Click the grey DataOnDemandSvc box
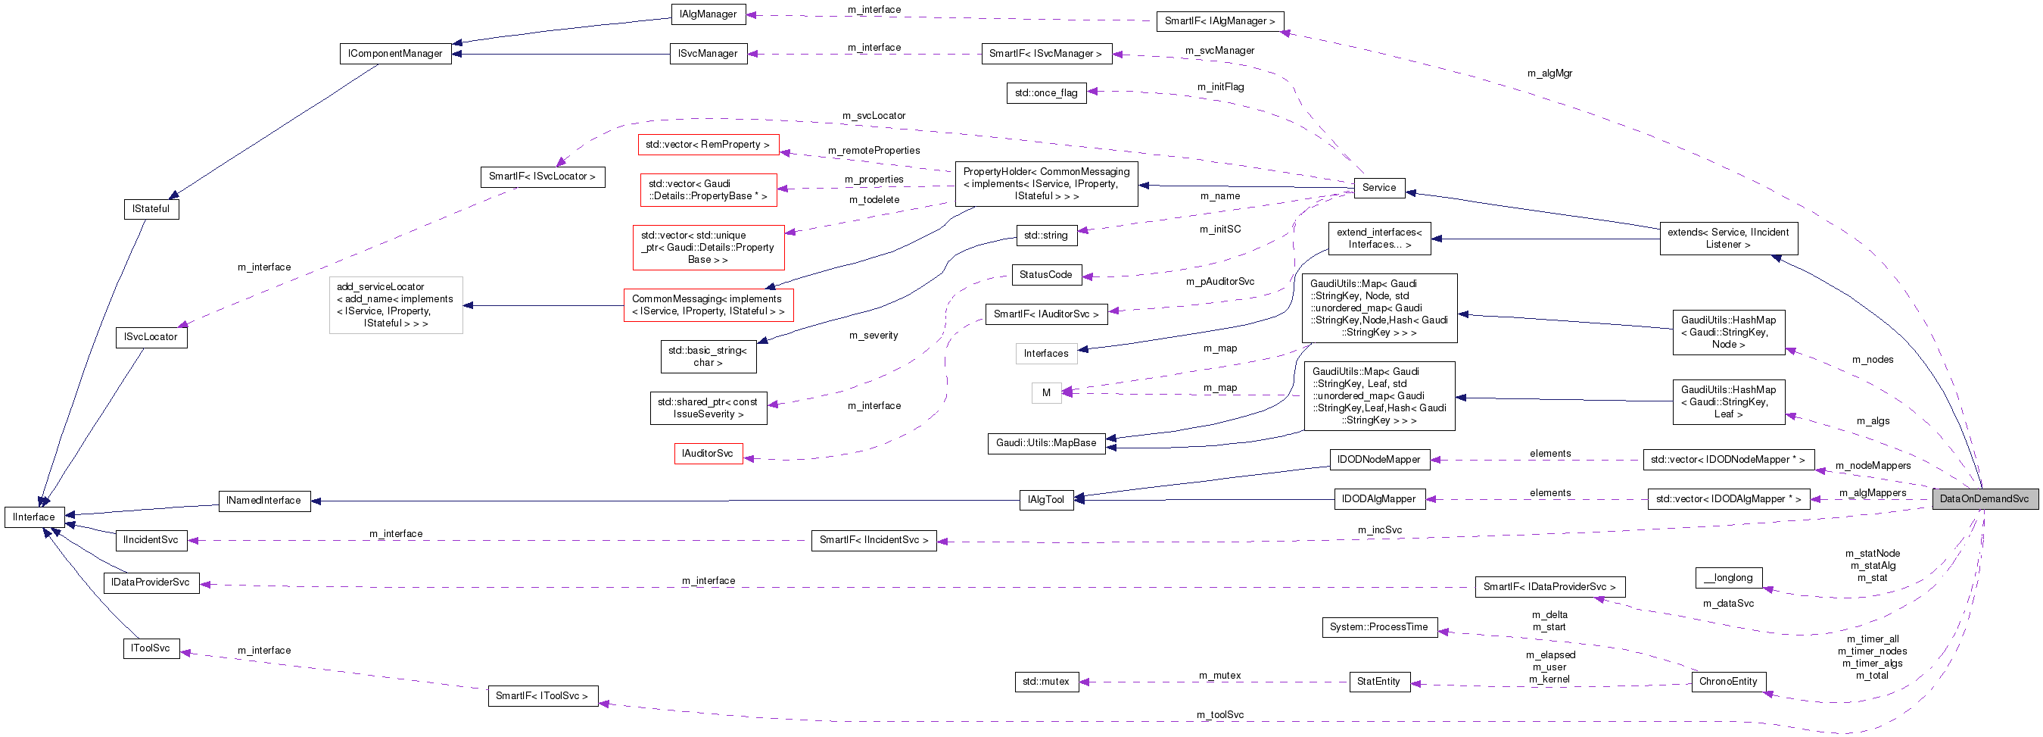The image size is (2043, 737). [1983, 499]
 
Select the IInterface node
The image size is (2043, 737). [34, 517]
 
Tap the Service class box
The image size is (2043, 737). [1378, 188]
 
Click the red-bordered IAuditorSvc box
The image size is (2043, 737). [708, 454]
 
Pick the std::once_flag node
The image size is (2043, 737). [1045, 93]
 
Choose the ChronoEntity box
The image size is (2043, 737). [1727, 682]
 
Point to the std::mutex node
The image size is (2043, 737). [1045, 682]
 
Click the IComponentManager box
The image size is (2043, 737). [395, 54]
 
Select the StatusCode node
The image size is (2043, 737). [1045, 275]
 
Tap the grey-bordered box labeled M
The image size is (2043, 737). [1045, 392]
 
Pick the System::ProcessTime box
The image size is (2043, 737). [1378, 626]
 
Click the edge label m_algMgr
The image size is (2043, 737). [1549, 73]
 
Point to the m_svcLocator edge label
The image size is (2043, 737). [874, 116]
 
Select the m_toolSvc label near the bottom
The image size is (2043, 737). [1219, 715]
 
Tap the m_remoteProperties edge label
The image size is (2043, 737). [874, 151]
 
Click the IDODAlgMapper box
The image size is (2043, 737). [1378, 499]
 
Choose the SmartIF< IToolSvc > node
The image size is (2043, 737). [542, 696]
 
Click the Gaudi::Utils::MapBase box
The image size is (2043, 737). [1045, 443]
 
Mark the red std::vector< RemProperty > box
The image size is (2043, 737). [708, 145]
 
